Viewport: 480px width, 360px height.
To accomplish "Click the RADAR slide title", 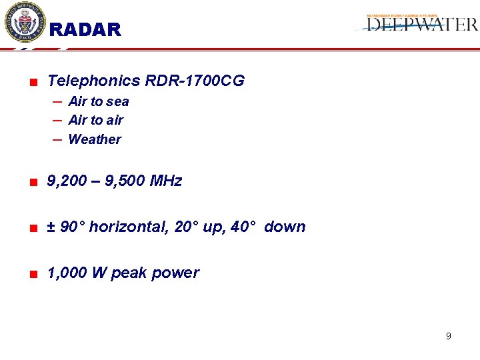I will pos(85,30).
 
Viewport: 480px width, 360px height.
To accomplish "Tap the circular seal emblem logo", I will pos(25,22).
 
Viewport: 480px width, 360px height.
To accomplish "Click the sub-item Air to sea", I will pos(99,101).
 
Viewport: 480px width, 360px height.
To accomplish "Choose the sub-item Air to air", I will pos(96,120).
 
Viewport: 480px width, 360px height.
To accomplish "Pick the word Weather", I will pos(95,139).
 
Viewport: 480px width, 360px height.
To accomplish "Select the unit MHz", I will pos(166,181).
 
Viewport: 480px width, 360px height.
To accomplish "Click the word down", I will pos(285,227).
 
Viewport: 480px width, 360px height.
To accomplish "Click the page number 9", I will pos(448,336).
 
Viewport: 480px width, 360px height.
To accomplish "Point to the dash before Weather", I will pos(57,139).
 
